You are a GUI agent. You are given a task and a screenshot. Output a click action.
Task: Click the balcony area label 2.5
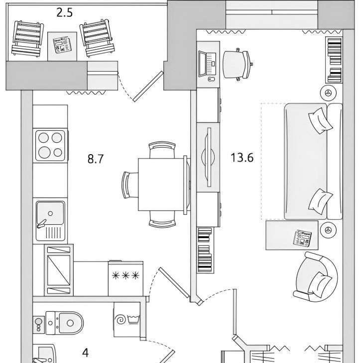click(x=65, y=13)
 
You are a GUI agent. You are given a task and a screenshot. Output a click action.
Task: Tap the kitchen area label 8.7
click(x=96, y=159)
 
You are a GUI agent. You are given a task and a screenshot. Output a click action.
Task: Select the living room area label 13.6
click(x=242, y=158)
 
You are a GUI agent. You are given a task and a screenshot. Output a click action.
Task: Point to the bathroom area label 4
click(x=86, y=353)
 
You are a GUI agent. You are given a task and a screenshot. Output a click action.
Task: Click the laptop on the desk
click(x=207, y=64)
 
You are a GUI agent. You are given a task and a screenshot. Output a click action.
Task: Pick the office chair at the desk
click(x=238, y=64)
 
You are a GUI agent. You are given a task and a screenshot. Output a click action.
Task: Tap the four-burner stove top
click(x=50, y=146)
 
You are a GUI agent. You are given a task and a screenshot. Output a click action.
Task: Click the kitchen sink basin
click(x=50, y=213)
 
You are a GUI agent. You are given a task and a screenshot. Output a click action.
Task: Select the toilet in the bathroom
click(x=64, y=323)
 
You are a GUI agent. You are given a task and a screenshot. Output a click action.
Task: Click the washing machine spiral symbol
click(x=121, y=320)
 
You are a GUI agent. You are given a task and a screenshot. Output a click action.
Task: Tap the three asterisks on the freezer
click(x=125, y=275)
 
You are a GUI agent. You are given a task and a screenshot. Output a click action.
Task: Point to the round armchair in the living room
click(x=316, y=277)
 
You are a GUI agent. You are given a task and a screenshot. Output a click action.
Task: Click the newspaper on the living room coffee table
click(x=302, y=238)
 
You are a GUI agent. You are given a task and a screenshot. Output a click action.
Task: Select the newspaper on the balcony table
click(x=62, y=45)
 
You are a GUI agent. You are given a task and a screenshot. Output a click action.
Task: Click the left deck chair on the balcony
click(x=27, y=39)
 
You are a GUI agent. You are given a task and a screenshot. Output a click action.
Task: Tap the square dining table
click(x=161, y=184)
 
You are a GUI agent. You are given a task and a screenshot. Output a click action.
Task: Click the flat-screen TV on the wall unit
click(x=209, y=157)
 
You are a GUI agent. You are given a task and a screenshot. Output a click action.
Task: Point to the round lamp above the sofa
click(x=328, y=93)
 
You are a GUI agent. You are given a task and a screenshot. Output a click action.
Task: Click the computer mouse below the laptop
click(x=211, y=79)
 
